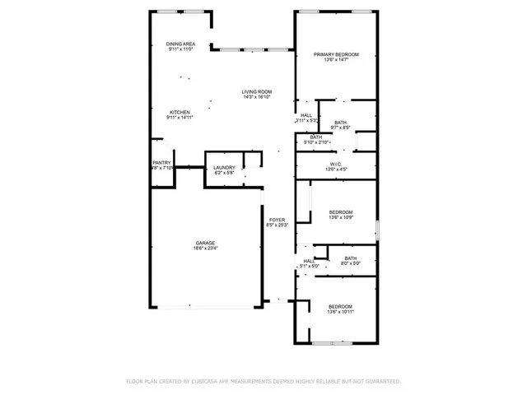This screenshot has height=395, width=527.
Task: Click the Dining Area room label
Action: coord(180,44)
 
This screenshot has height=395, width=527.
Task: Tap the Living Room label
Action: coord(257,91)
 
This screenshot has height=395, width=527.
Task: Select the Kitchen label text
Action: coord(180,112)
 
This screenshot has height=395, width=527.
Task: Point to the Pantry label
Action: coord(161,163)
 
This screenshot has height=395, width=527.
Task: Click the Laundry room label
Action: coord(225,168)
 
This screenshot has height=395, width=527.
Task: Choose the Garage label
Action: coord(205,243)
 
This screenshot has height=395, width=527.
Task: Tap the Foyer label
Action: coord(277,218)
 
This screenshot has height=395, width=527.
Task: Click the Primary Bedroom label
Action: coord(336,54)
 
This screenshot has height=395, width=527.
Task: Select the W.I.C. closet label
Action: coord(336,163)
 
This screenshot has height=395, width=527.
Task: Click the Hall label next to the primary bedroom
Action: coord(306,115)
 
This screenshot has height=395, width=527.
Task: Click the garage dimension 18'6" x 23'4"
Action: coord(205,249)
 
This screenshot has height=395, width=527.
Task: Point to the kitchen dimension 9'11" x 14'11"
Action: coord(180,118)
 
